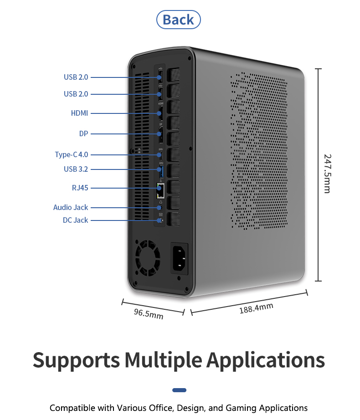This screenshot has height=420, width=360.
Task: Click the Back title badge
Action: point(178,20)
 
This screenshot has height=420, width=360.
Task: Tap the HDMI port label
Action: point(79,113)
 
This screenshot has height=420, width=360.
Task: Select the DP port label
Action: point(83,133)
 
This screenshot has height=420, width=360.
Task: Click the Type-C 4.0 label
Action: point(71,154)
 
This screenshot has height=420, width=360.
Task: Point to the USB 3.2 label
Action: point(76,169)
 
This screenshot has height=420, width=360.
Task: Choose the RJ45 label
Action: point(80,187)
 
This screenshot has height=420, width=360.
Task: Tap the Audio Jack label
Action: point(71,207)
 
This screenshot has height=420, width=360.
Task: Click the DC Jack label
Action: point(75,220)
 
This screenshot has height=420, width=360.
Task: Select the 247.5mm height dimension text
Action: point(327,174)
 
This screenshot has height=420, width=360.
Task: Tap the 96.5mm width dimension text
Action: point(148,314)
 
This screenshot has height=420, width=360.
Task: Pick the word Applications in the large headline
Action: point(266,360)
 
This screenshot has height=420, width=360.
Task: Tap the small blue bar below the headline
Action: point(180,390)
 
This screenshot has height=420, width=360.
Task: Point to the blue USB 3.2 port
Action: point(161,172)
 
